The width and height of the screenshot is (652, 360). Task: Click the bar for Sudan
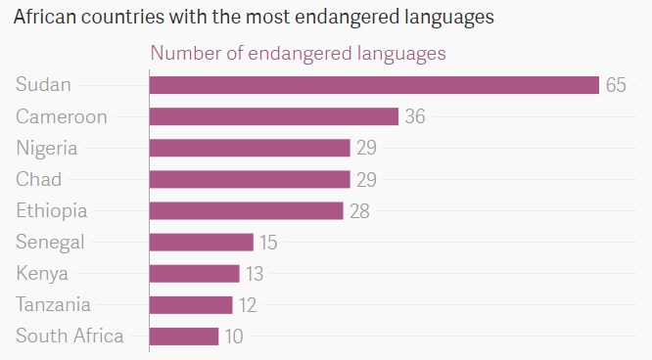pyautogui.click(x=374, y=85)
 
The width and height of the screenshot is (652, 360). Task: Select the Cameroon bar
pyautogui.click(x=274, y=116)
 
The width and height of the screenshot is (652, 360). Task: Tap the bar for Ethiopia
pyautogui.click(x=246, y=210)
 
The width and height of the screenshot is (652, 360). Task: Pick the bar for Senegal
pyautogui.click(x=201, y=242)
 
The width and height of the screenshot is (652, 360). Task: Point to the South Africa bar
pyautogui.click(x=184, y=337)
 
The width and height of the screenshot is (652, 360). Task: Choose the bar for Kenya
pyautogui.click(x=194, y=273)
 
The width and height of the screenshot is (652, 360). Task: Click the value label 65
pyautogui.click(x=615, y=85)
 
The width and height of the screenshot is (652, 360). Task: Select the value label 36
pyautogui.click(x=415, y=116)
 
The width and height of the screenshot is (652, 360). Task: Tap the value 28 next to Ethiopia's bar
pyautogui.click(x=359, y=210)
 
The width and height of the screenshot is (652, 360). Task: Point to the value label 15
pyautogui.click(x=268, y=242)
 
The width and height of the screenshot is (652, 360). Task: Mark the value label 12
pyautogui.click(x=247, y=305)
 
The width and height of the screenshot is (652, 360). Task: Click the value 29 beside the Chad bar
pyautogui.click(x=366, y=179)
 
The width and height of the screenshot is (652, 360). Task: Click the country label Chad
pyautogui.click(x=38, y=179)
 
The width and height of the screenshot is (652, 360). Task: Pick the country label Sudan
pyautogui.click(x=43, y=85)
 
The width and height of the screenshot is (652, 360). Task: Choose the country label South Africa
pyautogui.click(x=70, y=337)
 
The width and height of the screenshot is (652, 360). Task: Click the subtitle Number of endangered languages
pyautogui.click(x=297, y=53)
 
